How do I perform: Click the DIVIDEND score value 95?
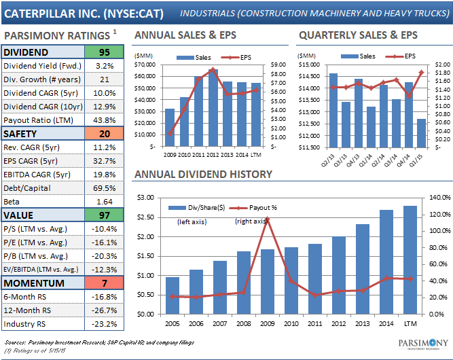click(x=104, y=52)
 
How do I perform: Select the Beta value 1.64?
click(x=104, y=202)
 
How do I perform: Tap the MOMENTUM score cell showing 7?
click(x=104, y=283)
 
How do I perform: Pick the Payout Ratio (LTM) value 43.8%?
click(x=104, y=120)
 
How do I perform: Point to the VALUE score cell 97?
click(x=104, y=215)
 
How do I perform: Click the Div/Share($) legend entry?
click(x=197, y=207)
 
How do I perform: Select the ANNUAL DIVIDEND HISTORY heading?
click(x=203, y=175)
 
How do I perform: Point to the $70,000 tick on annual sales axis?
click(x=147, y=65)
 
